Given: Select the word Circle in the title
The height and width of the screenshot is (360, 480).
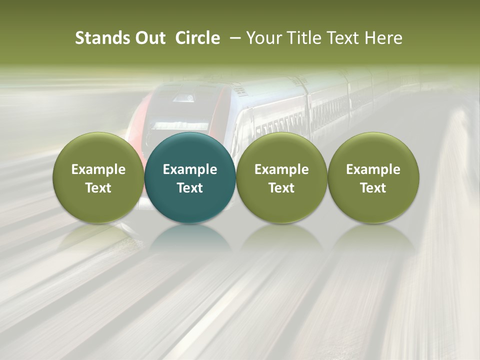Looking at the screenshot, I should click(197, 38).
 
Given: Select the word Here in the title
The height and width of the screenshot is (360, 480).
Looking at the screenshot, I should click(384, 38).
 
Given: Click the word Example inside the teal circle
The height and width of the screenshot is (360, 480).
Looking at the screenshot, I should click(190, 169).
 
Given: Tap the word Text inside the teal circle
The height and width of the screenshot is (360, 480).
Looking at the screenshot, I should click(190, 188).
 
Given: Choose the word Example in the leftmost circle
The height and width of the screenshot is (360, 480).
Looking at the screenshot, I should click(98, 169).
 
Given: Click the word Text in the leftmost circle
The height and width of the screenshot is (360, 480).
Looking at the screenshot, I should click(98, 188).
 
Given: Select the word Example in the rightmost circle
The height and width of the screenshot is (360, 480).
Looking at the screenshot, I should click(373, 169).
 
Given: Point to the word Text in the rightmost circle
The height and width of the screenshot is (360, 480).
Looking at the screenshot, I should click(373, 188).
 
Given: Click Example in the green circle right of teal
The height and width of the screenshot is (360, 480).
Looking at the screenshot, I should click(281, 169).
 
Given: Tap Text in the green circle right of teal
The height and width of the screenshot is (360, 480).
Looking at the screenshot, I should click(281, 188).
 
